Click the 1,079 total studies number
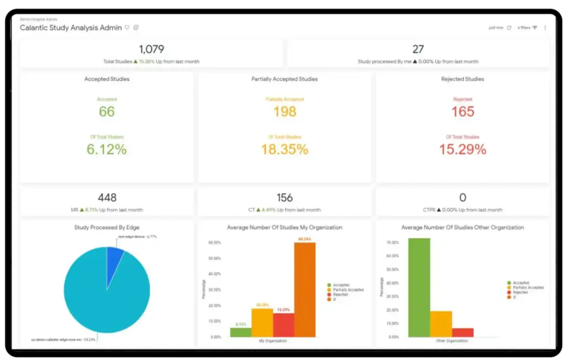tap(151, 49)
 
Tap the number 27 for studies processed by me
tap(418, 49)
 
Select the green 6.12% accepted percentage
tap(106, 149)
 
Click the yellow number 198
tap(285, 111)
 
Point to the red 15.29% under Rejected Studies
tap(463, 149)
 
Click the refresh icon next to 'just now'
tap(509, 28)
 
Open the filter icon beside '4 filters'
tap(535, 28)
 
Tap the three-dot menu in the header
tap(545, 28)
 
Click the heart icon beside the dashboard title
tap(127, 27)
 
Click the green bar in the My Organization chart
tap(240, 332)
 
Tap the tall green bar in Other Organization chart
tap(419, 287)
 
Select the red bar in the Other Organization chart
tap(463, 333)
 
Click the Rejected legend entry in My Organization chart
tap(340, 295)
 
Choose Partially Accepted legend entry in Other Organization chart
tap(528, 287)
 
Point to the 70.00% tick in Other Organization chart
tap(392, 243)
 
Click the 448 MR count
tap(106, 198)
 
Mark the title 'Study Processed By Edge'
tap(106, 227)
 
